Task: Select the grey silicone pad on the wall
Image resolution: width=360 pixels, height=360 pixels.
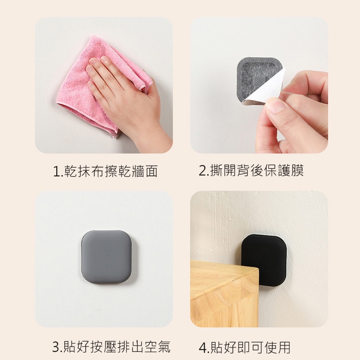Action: click(107, 256)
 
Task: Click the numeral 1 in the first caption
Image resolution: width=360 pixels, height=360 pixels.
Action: click(56, 171)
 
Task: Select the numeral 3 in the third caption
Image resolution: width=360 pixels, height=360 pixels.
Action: click(56, 347)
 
